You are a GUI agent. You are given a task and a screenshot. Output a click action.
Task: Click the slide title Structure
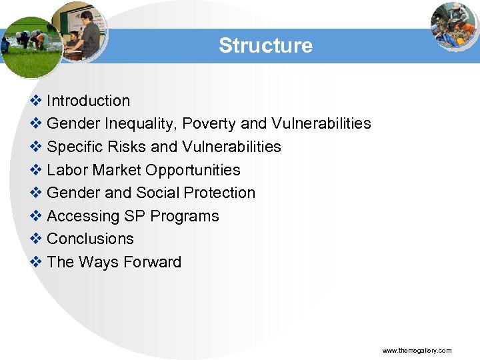coord(265,45)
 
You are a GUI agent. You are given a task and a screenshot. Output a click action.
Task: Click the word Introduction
coord(89,101)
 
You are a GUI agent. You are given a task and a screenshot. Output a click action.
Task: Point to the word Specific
coord(75,147)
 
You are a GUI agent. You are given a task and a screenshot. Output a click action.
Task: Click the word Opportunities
coord(193,170)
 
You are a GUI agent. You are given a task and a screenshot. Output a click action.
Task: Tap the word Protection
coord(219,193)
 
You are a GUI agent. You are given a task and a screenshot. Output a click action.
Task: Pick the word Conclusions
coord(90,239)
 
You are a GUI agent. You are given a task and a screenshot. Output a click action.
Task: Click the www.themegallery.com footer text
coord(417,351)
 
